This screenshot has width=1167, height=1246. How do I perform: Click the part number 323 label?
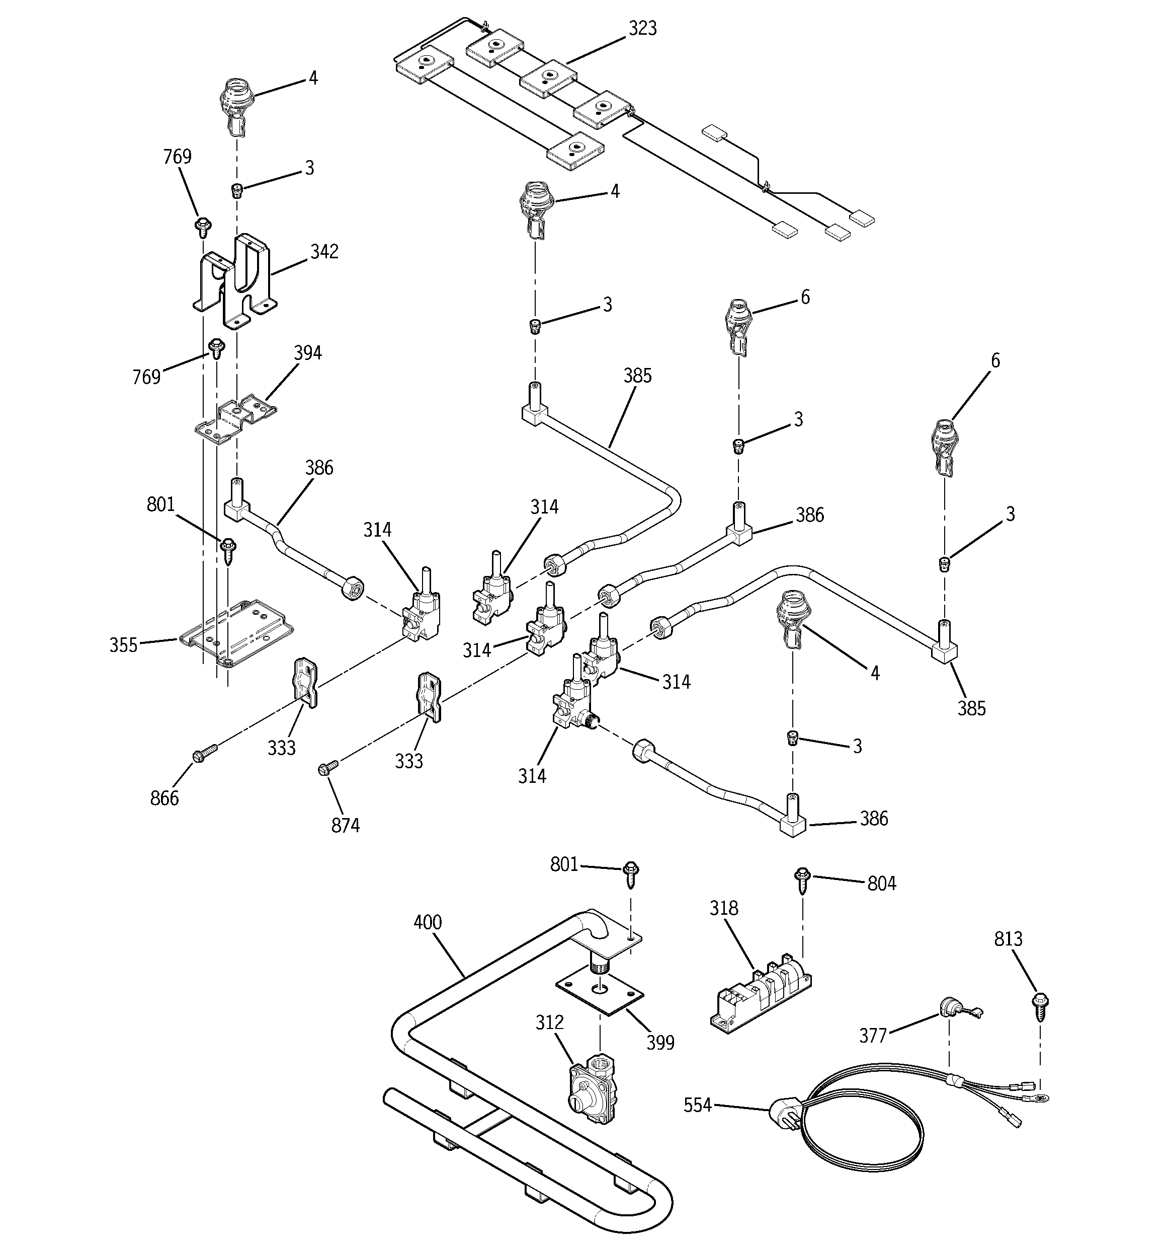pyautogui.click(x=643, y=29)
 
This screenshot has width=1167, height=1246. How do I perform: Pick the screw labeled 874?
pyautogui.click(x=328, y=767)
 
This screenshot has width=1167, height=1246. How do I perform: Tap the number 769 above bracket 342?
pyautogui.click(x=177, y=157)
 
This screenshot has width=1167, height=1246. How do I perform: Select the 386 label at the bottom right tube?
pyautogui.click(x=874, y=819)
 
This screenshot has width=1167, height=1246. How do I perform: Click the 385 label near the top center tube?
pyautogui.click(x=637, y=376)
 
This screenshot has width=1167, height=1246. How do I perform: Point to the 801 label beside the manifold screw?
pyautogui.click(x=564, y=865)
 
